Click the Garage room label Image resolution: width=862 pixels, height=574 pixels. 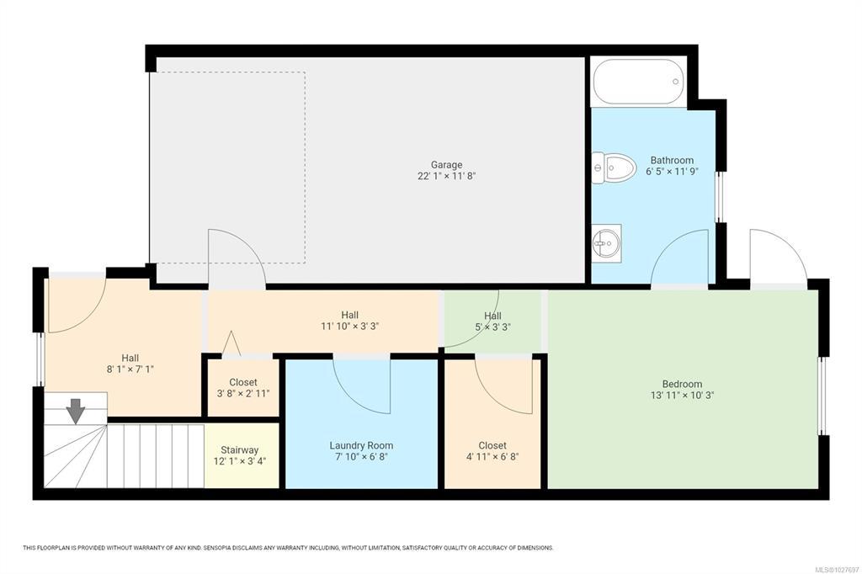click(446, 164)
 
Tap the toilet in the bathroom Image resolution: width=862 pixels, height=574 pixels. click(614, 168)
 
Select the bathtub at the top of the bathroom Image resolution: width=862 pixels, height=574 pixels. click(638, 82)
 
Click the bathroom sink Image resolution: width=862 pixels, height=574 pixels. click(607, 243)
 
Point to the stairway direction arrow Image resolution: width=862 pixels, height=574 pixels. click(75, 412)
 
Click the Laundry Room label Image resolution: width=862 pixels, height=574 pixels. click(361, 445)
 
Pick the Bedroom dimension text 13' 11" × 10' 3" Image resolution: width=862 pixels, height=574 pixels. click(682, 395)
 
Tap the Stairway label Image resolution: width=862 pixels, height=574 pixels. click(240, 449)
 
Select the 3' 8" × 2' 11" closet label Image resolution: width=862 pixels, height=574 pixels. click(243, 393)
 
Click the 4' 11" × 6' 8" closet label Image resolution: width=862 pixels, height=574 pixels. click(492, 456)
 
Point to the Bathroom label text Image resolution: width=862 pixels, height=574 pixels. click(672, 160)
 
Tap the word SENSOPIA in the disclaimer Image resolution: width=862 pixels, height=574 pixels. click(218, 548)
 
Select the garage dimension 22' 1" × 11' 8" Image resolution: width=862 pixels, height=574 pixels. click(446, 176)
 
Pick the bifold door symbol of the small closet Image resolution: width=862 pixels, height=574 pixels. click(231, 343)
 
